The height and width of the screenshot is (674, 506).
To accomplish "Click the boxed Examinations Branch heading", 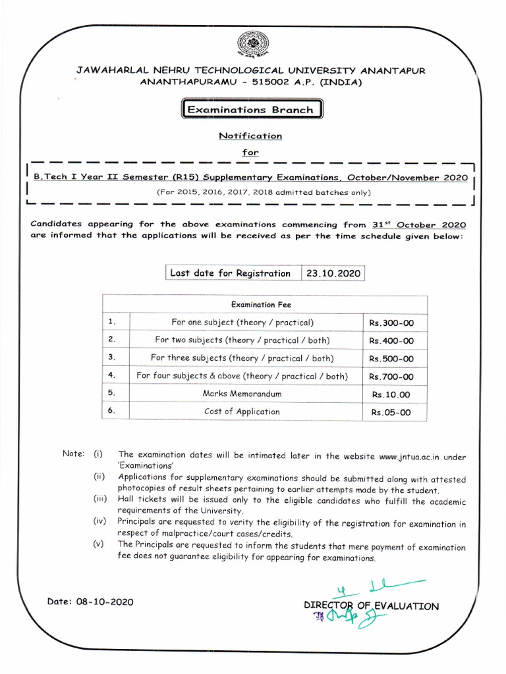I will pyautogui.click(x=250, y=110).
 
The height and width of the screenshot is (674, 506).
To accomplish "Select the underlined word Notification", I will pyautogui.click(x=250, y=136).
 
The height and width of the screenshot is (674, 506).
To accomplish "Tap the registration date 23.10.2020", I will pyautogui.click(x=333, y=273).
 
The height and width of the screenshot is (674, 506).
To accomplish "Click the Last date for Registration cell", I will pyautogui.click(x=230, y=273).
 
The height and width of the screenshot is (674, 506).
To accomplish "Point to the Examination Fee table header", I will pyautogui.click(x=260, y=305).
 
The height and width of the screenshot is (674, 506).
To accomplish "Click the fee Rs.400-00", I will pyautogui.click(x=391, y=341).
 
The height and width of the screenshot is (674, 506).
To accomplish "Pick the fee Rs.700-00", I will pyautogui.click(x=391, y=376).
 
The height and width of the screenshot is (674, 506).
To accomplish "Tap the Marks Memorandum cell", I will pyautogui.click(x=242, y=394).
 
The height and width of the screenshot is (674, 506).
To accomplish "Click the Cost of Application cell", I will pyautogui.click(x=242, y=411).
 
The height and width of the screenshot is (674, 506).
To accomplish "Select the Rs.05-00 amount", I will pyautogui.click(x=391, y=412).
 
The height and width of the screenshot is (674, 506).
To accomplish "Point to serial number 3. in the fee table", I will pyautogui.click(x=112, y=357).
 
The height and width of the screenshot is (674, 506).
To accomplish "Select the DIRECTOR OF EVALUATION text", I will pyautogui.click(x=370, y=606).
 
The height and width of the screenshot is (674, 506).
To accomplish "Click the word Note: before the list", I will pyautogui.click(x=73, y=454).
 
